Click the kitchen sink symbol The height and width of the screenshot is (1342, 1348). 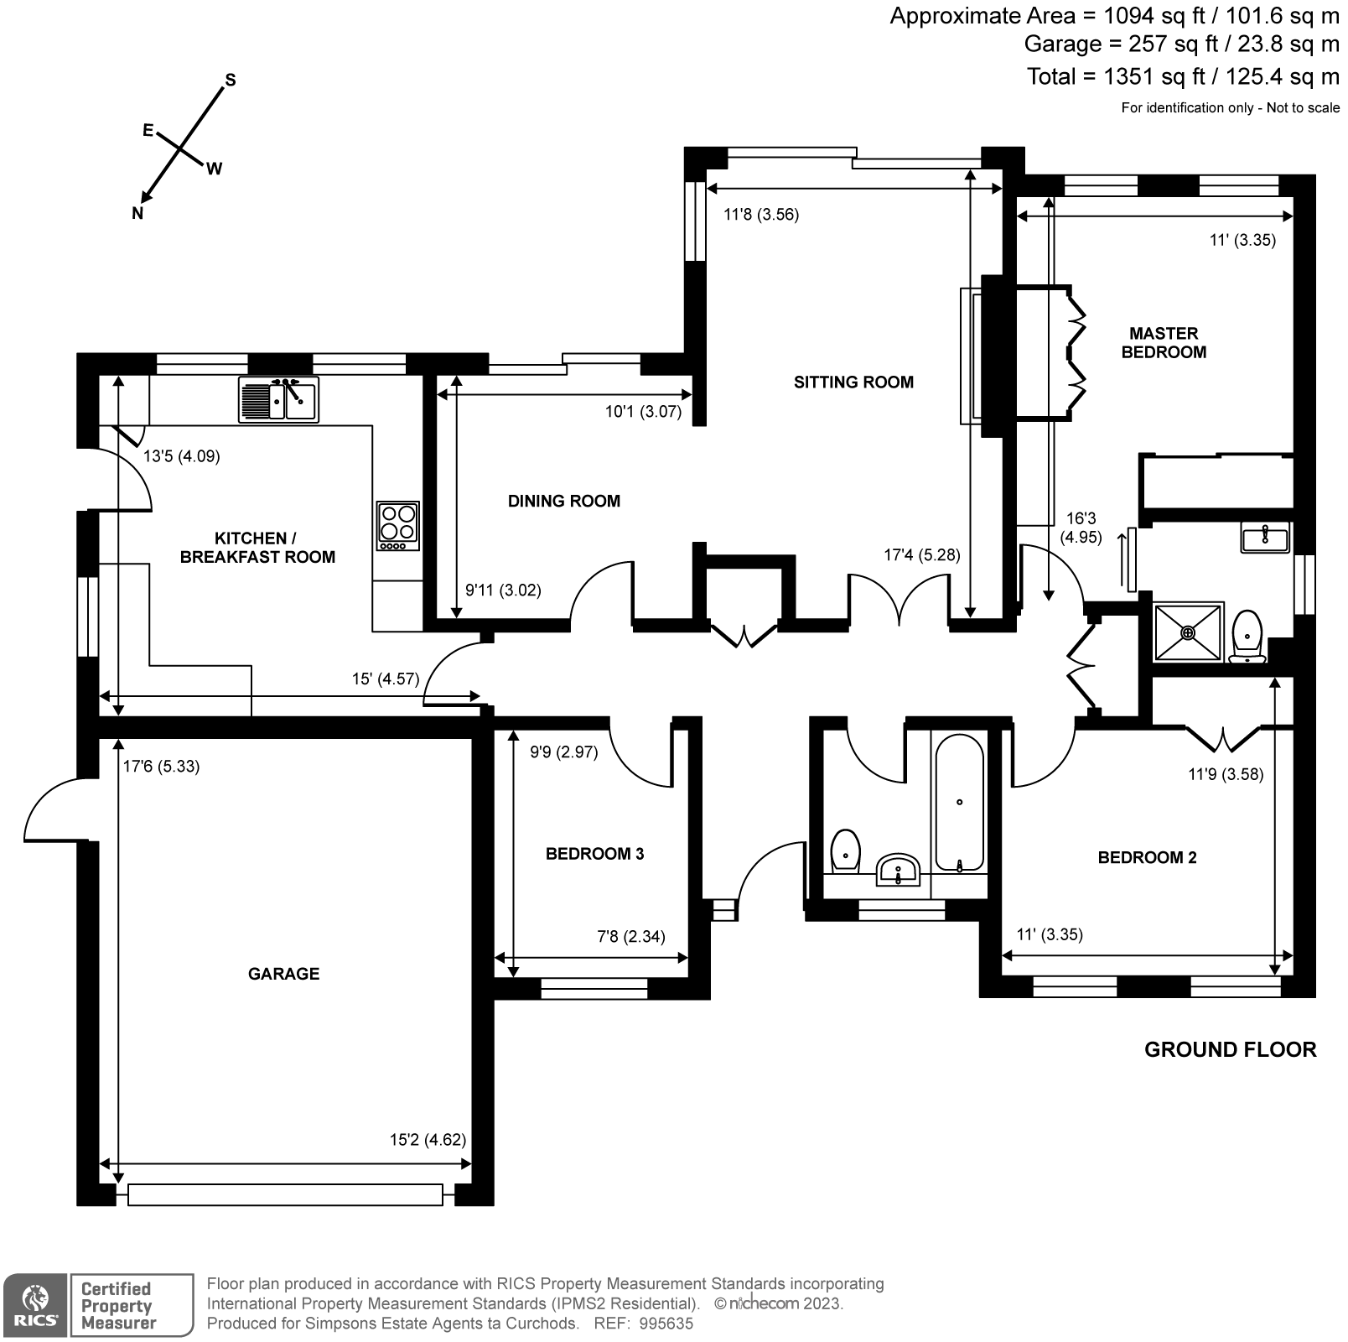278,399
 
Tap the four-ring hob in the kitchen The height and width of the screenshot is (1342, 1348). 398,526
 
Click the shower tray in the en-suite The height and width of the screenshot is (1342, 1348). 1189,632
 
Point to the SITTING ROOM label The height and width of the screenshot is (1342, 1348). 853,382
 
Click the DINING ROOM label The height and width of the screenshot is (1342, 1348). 564,502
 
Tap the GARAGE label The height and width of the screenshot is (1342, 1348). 284,974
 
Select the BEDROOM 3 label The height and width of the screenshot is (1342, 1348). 595,854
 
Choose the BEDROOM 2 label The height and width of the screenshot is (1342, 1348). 1148,857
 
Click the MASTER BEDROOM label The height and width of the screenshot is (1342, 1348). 1164,343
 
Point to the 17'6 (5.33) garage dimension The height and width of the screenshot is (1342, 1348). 161,767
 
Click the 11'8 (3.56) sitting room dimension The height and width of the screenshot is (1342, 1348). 761,215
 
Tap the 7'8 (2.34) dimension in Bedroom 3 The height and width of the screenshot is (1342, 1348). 631,937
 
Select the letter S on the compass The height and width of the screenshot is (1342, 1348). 231,81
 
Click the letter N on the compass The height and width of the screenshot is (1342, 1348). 137,214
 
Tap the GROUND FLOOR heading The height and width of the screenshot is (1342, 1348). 1231,1050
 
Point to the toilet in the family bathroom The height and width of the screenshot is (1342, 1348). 845,851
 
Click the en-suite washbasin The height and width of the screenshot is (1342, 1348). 1265,537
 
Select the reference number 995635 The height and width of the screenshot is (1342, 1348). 666,1324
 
